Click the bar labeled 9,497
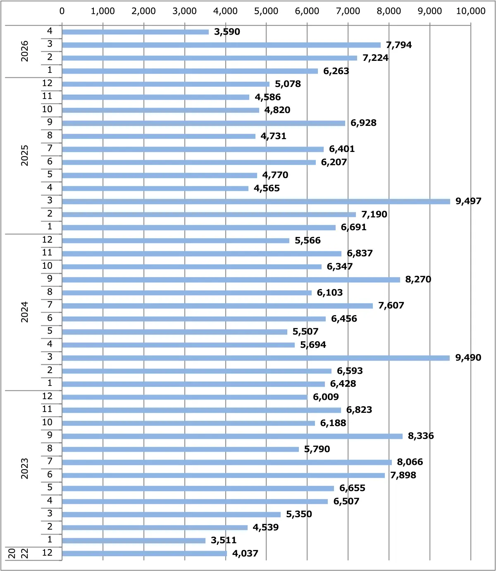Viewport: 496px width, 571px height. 256,201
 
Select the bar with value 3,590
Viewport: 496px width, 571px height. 135,32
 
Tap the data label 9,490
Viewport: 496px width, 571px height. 468,357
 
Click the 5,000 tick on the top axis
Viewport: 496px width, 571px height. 266,11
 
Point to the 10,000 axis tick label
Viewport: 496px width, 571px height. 471,11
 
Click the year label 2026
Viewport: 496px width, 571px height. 24,51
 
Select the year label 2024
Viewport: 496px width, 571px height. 24,312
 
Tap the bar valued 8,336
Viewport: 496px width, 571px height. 232,436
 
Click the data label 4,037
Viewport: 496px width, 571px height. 245,553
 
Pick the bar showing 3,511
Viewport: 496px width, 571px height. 134,540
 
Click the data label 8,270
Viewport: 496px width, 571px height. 418,279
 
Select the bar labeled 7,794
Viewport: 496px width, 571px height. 222,45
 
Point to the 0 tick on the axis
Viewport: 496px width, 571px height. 62,11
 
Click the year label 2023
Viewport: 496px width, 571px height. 24,469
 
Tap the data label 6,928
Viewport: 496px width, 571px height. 363,123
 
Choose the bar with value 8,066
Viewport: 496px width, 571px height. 227,462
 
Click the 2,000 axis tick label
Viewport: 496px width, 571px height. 143,11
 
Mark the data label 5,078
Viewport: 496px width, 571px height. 288,84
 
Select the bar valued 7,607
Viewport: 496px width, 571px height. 217,306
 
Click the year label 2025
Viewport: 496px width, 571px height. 24,155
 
